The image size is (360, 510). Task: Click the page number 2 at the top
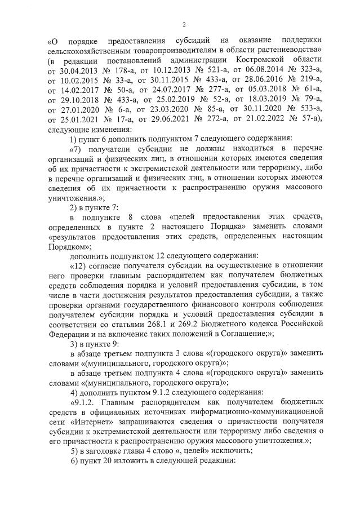(x=184, y=23)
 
